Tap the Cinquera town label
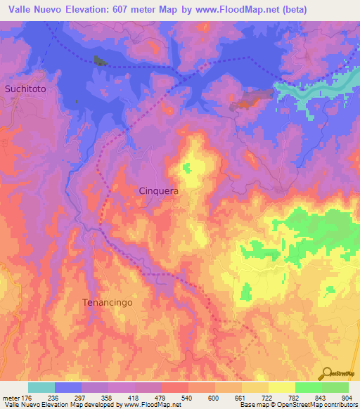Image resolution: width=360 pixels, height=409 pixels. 157,190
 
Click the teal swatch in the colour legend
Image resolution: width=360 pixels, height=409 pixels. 41,387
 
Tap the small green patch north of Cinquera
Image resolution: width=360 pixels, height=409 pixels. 186,168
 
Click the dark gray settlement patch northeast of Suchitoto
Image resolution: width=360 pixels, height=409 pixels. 101,61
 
